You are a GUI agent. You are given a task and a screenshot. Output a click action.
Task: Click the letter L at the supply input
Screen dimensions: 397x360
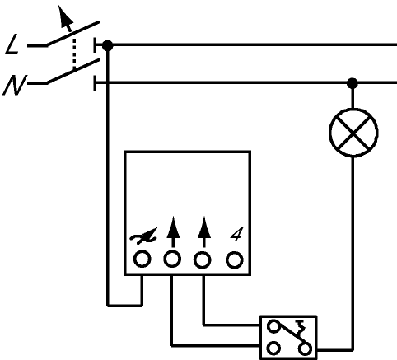pos(12,44)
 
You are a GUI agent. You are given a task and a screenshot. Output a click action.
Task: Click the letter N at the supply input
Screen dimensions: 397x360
pos(14,85)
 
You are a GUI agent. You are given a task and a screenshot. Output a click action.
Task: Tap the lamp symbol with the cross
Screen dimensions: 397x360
pos(353,133)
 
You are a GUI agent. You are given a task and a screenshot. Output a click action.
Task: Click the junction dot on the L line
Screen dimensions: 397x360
pos(107,45)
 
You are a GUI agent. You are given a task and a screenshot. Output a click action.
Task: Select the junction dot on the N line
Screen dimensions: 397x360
pos(353,83)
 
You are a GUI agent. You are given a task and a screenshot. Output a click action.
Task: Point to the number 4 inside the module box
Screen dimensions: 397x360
pos(236,235)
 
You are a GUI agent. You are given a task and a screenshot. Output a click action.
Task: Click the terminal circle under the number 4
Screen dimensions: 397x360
pos(235,259)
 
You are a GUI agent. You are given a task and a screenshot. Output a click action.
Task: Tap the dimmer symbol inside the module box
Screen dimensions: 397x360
pos(143,236)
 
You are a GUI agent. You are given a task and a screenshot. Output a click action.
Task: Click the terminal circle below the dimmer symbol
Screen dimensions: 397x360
pos(142,259)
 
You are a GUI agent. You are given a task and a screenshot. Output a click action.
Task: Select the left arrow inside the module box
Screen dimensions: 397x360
pos(173,232)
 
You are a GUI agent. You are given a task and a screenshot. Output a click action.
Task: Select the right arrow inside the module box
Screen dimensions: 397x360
pos(204,232)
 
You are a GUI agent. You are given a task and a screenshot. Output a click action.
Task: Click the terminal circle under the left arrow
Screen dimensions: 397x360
pos(172,259)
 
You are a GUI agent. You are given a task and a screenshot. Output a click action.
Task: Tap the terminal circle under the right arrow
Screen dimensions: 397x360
pos(203,259)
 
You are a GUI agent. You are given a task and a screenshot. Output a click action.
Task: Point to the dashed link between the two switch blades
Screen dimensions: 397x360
pos(73,54)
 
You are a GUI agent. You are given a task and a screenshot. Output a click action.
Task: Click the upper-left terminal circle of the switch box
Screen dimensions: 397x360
pos(273,327)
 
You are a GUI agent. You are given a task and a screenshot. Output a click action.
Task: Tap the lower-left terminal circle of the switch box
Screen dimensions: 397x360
pos(273,348)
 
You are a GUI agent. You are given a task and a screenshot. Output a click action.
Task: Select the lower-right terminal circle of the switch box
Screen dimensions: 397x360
pos(305,348)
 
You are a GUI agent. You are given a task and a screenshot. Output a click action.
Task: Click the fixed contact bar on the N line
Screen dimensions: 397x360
pos(95,82)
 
